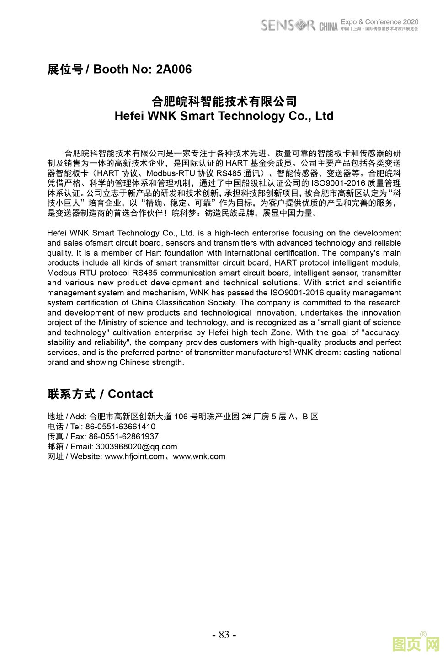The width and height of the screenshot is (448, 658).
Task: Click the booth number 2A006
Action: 174,70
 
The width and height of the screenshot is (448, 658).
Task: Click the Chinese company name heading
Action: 224,101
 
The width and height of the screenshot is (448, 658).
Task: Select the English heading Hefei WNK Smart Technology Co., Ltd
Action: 224,116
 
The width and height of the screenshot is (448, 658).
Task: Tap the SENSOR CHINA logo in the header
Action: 299,25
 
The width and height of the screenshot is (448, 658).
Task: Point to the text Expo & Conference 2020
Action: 379,21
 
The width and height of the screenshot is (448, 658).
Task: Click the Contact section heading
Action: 100,394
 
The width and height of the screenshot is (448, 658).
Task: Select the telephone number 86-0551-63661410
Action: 120,427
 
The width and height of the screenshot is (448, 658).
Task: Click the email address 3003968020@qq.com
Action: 136,447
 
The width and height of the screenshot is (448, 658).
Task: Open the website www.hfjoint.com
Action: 134,457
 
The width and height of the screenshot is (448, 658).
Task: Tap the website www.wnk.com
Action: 199,457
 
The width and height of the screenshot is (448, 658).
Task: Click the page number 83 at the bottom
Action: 224,635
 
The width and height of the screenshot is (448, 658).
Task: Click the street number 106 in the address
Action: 181,417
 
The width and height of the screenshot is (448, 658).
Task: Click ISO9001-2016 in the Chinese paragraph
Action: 338,183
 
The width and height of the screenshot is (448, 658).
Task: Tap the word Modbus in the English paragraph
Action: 59,273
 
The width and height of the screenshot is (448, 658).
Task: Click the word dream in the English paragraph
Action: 329,353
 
